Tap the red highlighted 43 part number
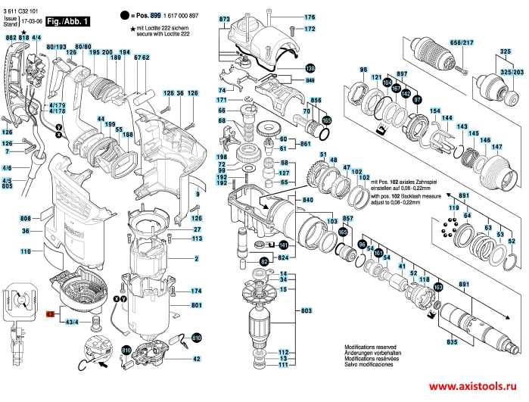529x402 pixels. click(x=51, y=313)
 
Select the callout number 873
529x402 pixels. click(x=224, y=17)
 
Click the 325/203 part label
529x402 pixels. click(x=509, y=73)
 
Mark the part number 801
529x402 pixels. click(x=196, y=305)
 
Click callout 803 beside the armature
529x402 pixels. click(x=307, y=311)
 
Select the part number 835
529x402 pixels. click(x=452, y=343)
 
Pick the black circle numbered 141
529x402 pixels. click(x=283, y=245)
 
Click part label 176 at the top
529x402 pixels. click(x=310, y=17)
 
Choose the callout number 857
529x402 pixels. click(x=348, y=218)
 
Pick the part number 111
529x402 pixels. click(x=283, y=366)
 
